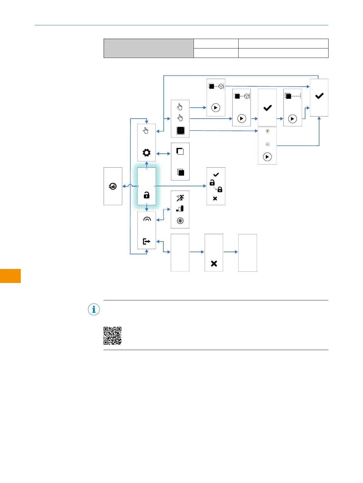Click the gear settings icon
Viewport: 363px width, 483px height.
pos(147,152)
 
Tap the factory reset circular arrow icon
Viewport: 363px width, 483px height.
pos(113,186)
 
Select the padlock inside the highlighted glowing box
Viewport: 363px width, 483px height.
pos(147,195)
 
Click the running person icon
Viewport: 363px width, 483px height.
pos(180,198)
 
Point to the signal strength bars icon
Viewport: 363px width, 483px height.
pos(180,209)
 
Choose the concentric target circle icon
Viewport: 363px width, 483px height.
pos(180,221)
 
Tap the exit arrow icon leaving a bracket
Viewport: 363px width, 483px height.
pos(147,241)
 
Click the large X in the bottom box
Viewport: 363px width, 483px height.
pos(214,263)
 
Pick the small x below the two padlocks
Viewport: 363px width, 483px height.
pos(215,199)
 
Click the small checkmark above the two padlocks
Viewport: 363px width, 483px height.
pos(216,175)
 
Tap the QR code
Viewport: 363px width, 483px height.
pos(112,336)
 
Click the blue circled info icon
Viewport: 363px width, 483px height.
pos(94,309)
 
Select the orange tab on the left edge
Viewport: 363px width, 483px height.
pos(10,276)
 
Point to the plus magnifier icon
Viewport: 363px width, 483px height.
pos(267,131)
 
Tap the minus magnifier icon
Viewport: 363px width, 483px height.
pos(267,144)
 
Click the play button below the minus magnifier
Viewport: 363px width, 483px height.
pos(267,157)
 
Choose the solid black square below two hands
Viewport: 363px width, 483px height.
pos(181,131)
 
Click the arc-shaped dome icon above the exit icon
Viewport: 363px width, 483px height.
pos(147,219)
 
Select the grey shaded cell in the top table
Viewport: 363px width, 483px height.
pos(149,48)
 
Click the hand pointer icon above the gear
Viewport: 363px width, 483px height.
pos(146,131)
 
